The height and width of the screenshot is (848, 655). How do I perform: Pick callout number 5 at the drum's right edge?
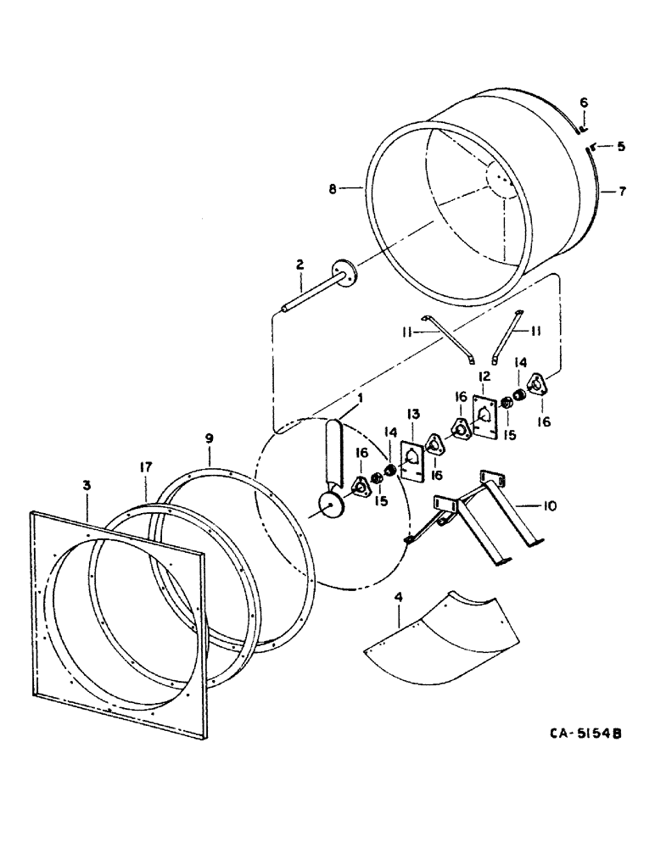(x=620, y=147)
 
